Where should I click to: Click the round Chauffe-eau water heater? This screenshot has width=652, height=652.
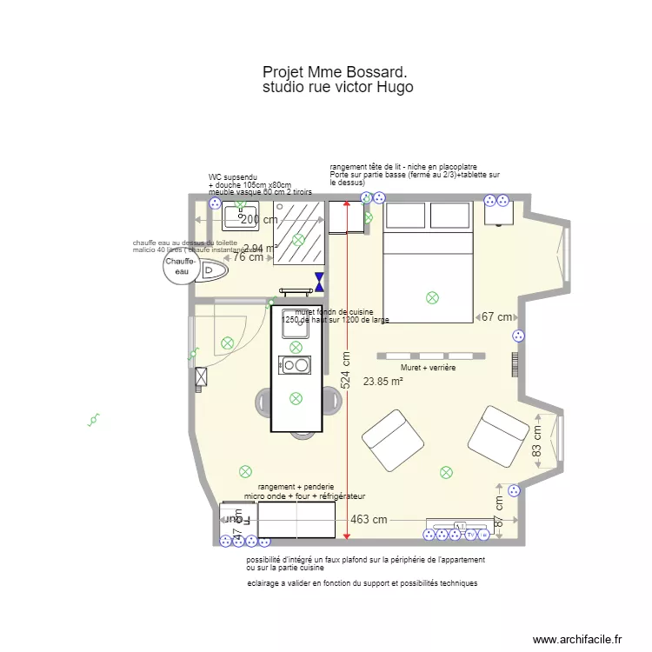182,266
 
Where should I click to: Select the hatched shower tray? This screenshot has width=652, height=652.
298,228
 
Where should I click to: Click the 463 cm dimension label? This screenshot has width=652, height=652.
369,520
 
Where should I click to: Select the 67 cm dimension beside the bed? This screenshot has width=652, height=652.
497,317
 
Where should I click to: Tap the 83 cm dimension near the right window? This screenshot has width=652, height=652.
537,441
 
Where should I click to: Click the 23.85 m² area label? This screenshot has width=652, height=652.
383,381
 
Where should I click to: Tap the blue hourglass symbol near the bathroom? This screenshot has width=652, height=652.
320,281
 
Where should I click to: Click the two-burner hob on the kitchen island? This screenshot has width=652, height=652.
295,365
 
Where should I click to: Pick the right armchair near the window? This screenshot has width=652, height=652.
498,435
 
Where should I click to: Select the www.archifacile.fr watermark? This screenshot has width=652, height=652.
578,639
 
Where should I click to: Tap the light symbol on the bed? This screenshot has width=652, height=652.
432,298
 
